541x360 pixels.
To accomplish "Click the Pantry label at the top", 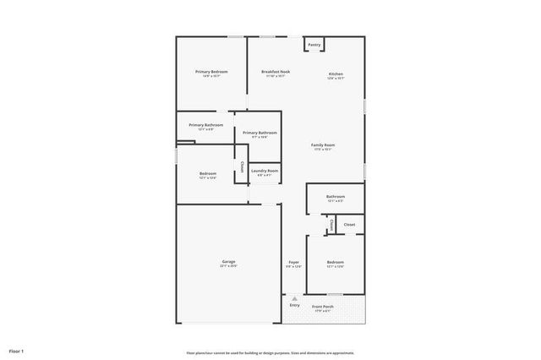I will click(x=314, y=45).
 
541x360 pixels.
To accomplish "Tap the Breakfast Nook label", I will click(x=276, y=72).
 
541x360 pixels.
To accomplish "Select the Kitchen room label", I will click(x=336, y=74).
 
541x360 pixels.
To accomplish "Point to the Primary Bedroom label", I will click(x=211, y=72).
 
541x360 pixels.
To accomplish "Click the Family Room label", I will click(x=323, y=145).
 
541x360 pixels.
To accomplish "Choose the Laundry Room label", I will click(x=265, y=171).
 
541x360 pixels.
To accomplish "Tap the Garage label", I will click(x=229, y=261).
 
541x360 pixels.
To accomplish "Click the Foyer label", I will click(x=293, y=262).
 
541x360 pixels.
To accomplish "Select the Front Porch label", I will click(x=323, y=306).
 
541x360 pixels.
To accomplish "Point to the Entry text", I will click(x=294, y=306).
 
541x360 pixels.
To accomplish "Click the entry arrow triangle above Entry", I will click(x=294, y=298).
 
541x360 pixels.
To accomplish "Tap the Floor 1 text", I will click(x=17, y=351).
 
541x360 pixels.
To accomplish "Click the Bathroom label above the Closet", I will click(x=336, y=197).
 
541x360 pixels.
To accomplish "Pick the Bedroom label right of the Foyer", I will click(x=336, y=262).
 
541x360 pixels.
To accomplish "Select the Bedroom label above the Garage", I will click(x=209, y=173).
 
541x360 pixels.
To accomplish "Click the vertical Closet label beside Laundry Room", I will click(x=243, y=167).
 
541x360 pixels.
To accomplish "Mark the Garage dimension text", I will click(x=229, y=266).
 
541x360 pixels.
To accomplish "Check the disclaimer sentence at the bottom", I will click(x=270, y=352).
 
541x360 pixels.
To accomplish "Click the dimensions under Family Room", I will click(x=323, y=150).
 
